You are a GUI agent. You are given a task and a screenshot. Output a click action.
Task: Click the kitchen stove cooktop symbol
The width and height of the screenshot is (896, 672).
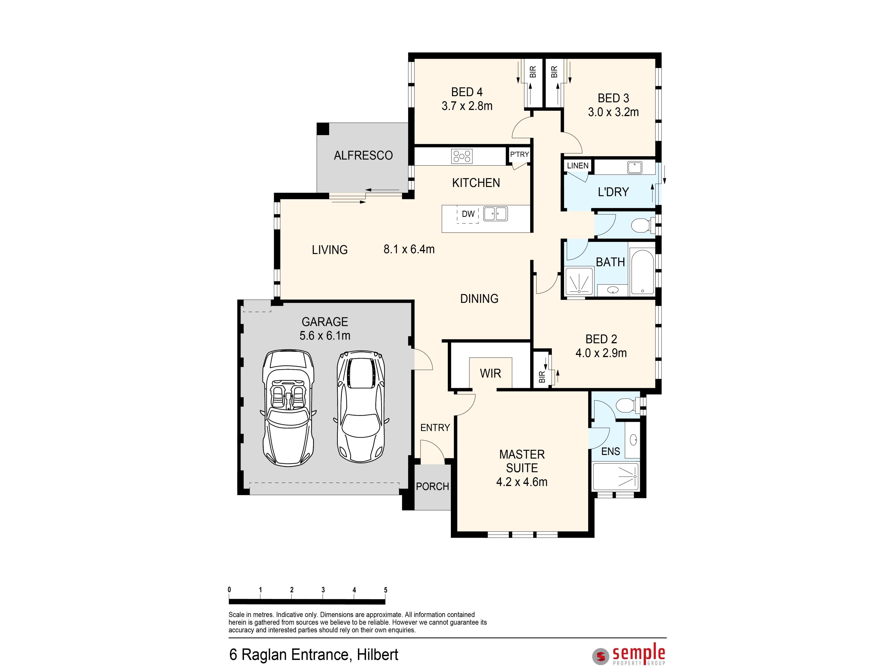462,156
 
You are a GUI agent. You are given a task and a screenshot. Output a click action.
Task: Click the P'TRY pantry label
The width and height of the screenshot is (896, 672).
519,154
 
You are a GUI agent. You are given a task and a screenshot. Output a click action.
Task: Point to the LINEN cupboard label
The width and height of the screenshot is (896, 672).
578,166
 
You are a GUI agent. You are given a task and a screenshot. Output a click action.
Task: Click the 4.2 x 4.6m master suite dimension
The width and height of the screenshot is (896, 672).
522,482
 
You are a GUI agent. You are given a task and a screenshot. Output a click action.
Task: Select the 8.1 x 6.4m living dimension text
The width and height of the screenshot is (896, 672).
409,249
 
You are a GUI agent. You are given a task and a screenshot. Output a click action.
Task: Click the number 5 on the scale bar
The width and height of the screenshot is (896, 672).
386,590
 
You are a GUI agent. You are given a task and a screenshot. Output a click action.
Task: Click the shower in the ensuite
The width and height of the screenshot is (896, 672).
616,477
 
